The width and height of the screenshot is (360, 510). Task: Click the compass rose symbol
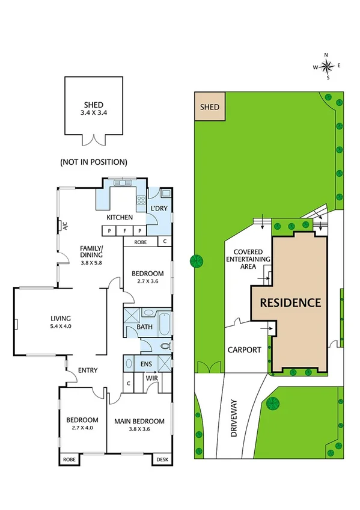click(x=326, y=66)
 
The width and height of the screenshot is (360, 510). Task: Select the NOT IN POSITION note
click(x=93, y=162)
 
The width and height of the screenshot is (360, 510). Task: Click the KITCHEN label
click(x=119, y=217)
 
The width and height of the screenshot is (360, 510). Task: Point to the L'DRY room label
click(x=159, y=209)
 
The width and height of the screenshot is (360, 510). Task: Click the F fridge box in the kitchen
click(x=124, y=230)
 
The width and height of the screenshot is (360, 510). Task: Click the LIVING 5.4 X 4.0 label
click(x=61, y=322)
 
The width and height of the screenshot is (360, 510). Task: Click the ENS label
click(x=147, y=364)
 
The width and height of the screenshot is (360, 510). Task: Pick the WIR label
click(x=152, y=378)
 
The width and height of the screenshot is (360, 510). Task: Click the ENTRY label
click(x=87, y=370)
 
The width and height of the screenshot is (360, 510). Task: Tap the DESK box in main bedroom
click(x=162, y=458)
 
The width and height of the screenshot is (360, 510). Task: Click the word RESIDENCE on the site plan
click(x=290, y=303)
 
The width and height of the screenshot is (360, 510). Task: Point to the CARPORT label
click(x=244, y=349)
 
